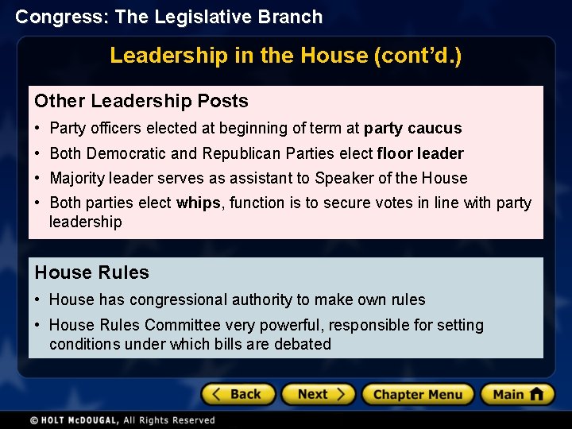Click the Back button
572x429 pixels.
[x=238, y=394]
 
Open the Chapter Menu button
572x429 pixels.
[x=418, y=394]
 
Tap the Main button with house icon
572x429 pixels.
[x=517, y=394]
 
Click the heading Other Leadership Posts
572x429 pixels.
[x=141, y=101]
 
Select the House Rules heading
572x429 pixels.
[x=91, y=272]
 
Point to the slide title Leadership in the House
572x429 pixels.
[x=285, y=56]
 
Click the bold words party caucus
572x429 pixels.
[x=412, y=128]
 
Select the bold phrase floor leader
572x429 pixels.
[x=420, y=153]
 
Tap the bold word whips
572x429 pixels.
[x=199, y=203]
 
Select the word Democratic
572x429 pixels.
[x=126, y=153]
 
